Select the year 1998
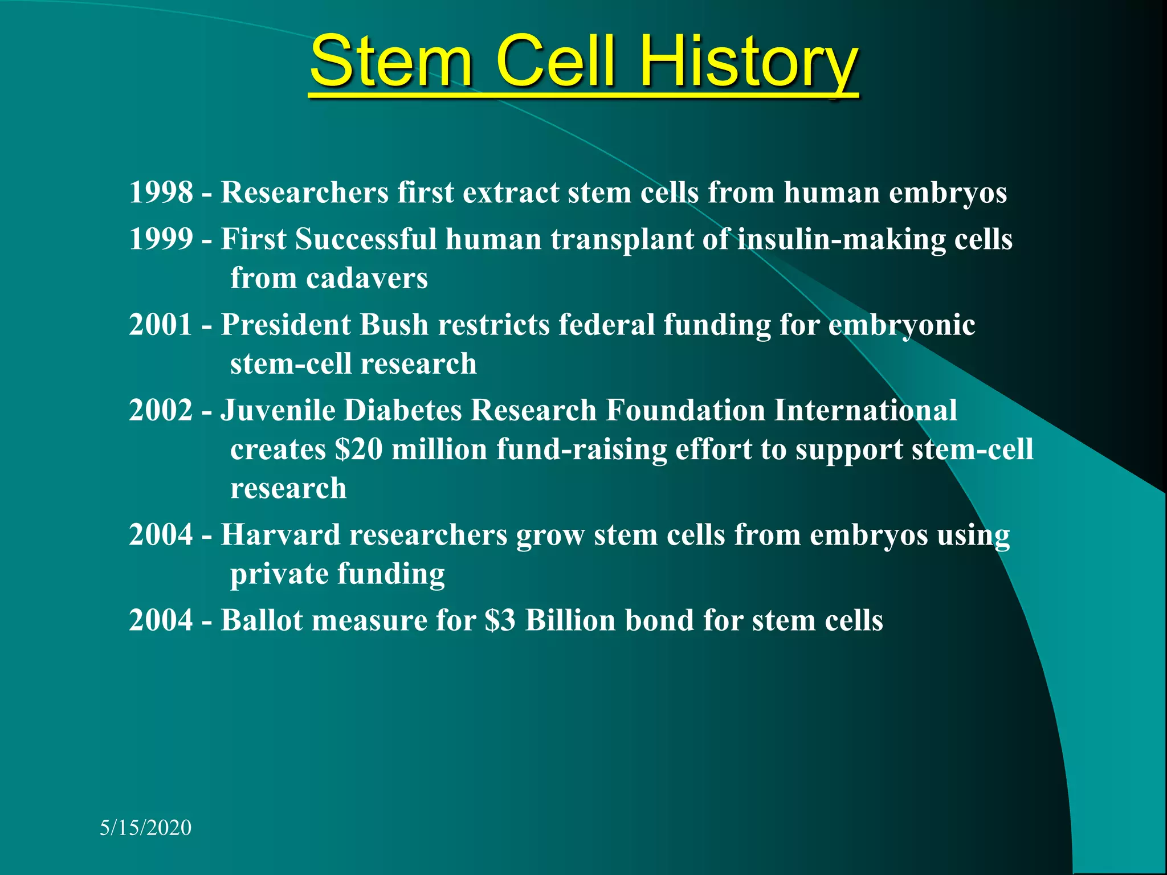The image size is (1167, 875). (161, 193)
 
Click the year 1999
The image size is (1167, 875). (161, 239)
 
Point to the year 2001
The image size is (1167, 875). (161, 325)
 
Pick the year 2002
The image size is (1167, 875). (161, 410)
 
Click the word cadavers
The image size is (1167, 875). (366, 279)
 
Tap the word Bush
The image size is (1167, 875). (394, 325)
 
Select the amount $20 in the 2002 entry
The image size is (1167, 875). (358, 449)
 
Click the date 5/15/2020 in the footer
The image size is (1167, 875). (145, 828)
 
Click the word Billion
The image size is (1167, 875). (570, 620)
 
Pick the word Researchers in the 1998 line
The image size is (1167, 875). (304, 193)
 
